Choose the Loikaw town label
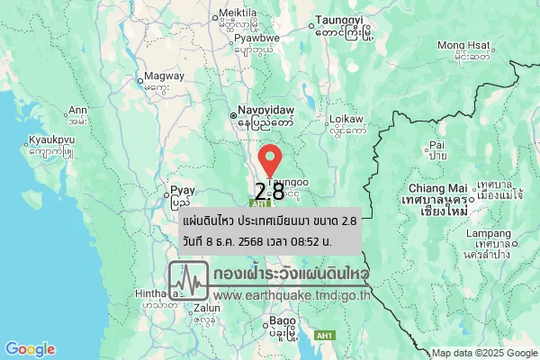pos(346,119)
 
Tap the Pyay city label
pos(183,190)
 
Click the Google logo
pos(29,349)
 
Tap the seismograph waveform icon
pos(189,281)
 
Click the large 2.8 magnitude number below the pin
pos(270,192)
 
